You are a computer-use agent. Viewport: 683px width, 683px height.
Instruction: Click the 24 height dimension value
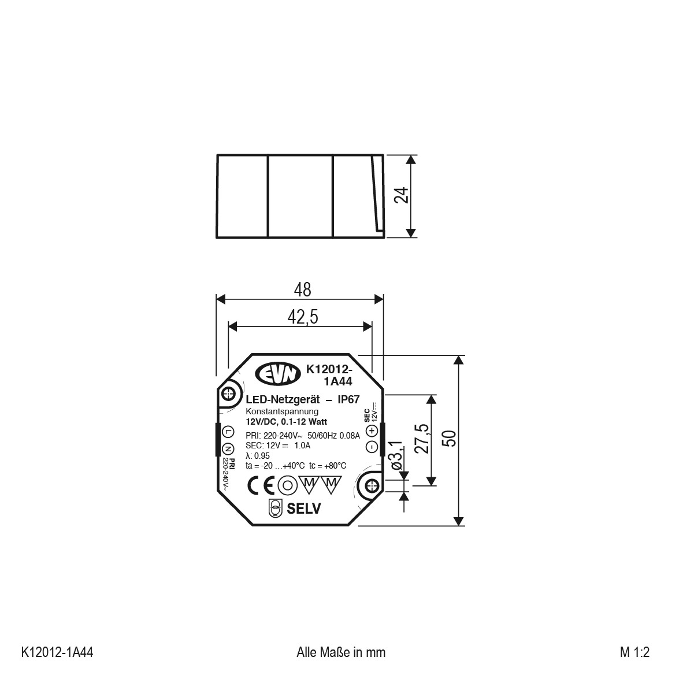[402, 195]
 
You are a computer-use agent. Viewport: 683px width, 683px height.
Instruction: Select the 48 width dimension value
[302, 289]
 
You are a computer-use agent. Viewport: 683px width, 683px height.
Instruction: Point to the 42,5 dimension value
[303, 317]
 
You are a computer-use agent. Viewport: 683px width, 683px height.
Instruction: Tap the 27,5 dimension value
[422, 439]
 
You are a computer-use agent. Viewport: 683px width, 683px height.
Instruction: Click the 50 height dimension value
[449, 438]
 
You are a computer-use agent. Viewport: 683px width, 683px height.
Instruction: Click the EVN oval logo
[278, 374]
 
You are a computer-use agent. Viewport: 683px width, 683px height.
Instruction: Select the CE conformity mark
[261, 485]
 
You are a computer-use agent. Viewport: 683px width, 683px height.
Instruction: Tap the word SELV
[303, 508]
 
